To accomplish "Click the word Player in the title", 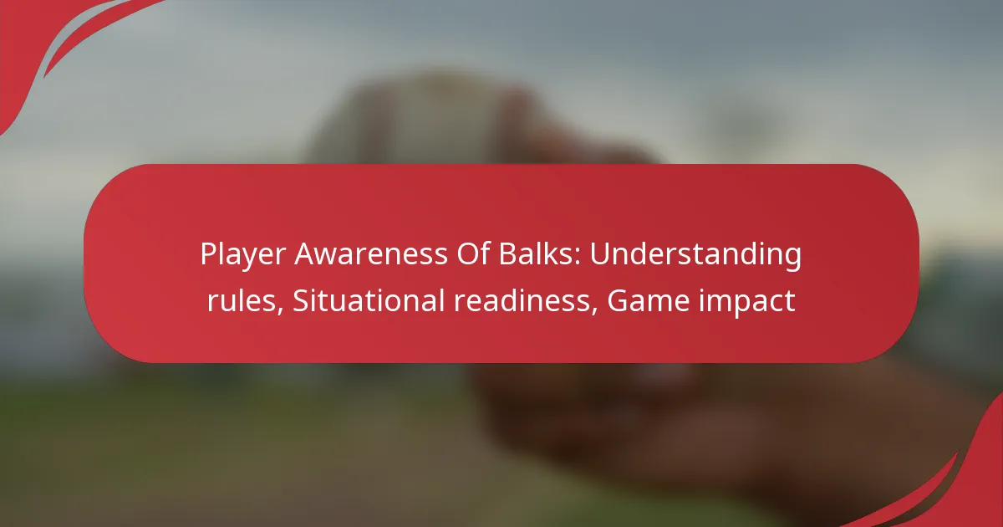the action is coord(242,255).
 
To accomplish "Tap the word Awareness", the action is coord(371,254).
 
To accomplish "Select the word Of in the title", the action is coord(473,254).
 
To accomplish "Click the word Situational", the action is coord(369,300).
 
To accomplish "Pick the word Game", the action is coord(648,300).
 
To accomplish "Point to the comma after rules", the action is coord(280,310).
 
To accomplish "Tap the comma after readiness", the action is coord(595,310).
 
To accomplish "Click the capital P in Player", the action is coord(208,254).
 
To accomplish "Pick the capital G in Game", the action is coord(617,300).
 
